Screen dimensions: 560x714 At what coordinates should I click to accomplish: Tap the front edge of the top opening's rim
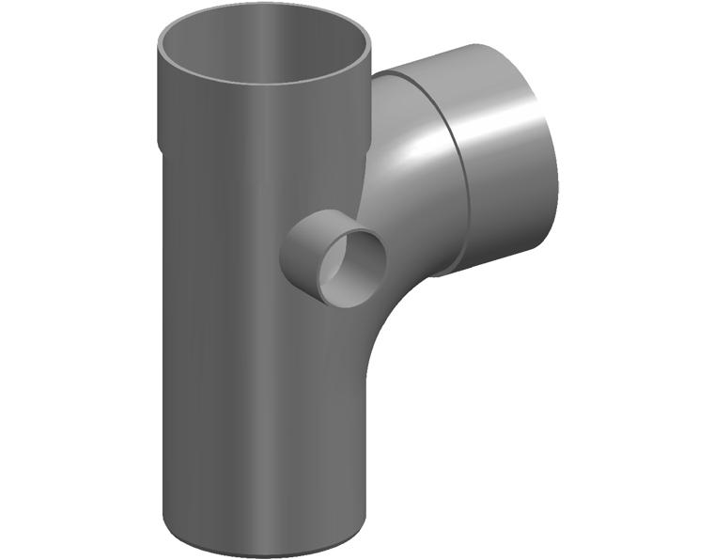(x=263, y=83)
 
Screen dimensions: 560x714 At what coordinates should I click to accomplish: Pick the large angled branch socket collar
(x=498, y=160)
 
